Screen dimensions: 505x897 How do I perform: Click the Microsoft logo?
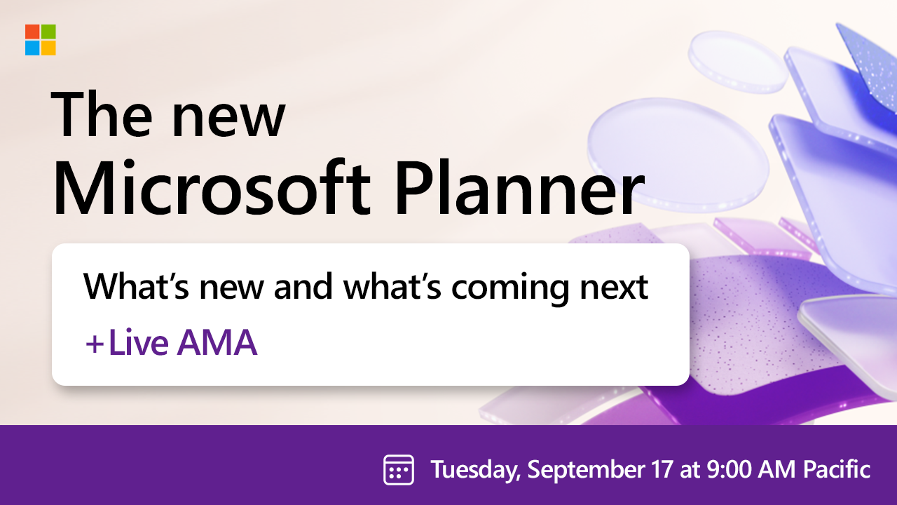coord(41,40)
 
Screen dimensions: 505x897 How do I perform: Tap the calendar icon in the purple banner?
coord(398,469)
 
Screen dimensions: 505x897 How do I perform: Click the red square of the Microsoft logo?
coord(32,32)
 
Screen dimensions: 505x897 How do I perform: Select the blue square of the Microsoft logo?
coord(32,48)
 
